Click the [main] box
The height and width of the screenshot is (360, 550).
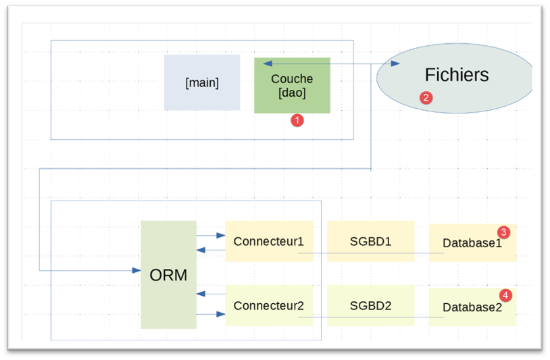pyautogui.click(x=202, y=82)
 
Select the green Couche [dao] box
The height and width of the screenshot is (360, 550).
pyautogui.click(x=292, y=85)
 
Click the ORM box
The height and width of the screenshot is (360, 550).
pyautogui.click(x=168, y=275)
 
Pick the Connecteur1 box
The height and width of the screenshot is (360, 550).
pyautogui.click(x=269, y=241)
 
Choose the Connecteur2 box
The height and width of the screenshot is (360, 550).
pyautogui.click(x=269, y=305)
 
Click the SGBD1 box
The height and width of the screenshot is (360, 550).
pyautogui.click(x=370, y=241)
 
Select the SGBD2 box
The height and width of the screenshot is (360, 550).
pyautogui.click(x=370, y=305)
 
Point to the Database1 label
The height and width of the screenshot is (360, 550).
pyautogui.click(x=472, y=242)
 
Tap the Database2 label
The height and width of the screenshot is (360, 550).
pyautogui.click(x=472, y=307)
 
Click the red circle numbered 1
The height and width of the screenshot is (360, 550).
pyautogui.click(x=297, y=120)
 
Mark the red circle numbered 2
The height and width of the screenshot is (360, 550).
pyautogui.click(x=426, y=97)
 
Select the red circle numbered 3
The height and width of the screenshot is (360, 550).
pyautogui.click(x=503, y=232)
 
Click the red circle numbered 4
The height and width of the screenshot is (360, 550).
pyautogui.click(x=505, y=295)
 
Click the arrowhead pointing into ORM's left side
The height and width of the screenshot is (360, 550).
pyautogui.click(x=136, y=270)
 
